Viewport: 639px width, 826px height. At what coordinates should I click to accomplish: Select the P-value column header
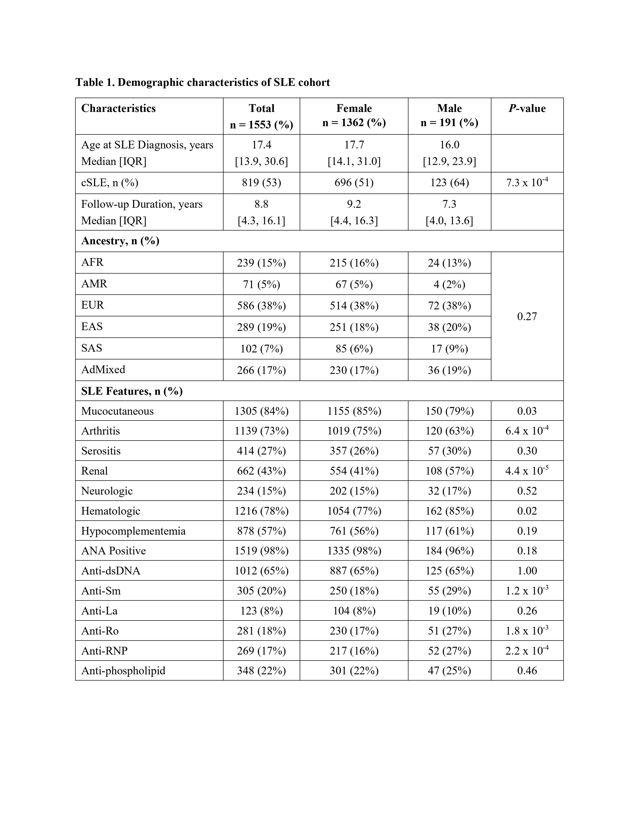(527, 109)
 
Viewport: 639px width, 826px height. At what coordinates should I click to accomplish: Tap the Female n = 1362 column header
(354, 115)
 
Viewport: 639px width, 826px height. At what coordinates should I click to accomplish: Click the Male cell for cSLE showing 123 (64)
(449, 183)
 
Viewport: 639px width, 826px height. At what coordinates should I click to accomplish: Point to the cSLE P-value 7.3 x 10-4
(527, 183)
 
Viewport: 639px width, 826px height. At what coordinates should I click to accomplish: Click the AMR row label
(94, 284)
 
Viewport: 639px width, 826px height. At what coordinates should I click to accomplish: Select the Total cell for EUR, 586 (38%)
(261, 306)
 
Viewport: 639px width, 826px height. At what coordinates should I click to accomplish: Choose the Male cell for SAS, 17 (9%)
(449, 348)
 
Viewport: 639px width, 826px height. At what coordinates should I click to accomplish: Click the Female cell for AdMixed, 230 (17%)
(354, 370)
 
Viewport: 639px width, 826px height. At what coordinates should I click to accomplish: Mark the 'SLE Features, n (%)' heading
(132, 391)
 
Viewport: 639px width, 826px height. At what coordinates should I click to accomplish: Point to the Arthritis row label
(100, 431)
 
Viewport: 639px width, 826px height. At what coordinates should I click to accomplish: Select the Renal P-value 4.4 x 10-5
(527, 471)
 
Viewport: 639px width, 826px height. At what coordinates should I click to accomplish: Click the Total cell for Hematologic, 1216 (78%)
(261, 511)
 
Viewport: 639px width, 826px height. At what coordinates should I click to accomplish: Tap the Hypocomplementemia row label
(133, 531)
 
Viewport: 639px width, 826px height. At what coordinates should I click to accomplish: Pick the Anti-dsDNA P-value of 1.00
(527, 571)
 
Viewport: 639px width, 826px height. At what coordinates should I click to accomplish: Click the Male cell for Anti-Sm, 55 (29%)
(449, 591)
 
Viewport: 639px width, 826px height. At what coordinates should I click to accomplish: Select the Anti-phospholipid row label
(123, 671)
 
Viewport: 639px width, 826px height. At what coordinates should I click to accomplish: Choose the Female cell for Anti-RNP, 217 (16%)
(354, 651)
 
